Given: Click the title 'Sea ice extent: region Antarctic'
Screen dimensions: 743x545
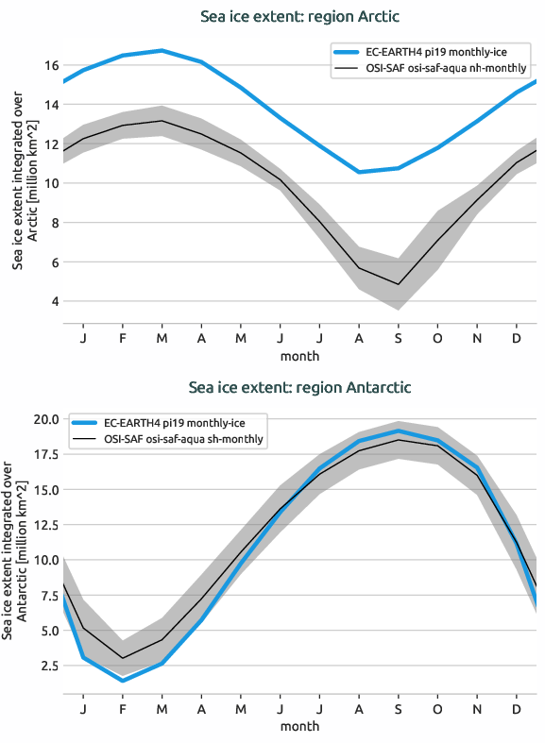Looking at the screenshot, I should click(299, 387).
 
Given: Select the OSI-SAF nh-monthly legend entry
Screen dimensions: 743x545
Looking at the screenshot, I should click(434, 69).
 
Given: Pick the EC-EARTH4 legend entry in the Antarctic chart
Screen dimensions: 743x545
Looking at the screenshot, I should click(171, 424).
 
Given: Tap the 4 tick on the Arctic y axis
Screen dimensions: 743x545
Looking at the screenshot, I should click(54, 302).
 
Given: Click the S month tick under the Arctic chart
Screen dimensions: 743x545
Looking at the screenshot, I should click(399, 337).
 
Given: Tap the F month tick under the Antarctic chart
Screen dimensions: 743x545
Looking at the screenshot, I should click(123, 708).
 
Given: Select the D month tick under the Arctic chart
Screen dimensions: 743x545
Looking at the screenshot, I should click(517, 337).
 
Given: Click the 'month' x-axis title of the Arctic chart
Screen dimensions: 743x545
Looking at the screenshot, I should click(299, 356).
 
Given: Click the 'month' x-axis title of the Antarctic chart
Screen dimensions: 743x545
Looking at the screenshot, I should click(299, 726).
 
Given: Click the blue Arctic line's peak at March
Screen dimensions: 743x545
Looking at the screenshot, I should click(162, 50).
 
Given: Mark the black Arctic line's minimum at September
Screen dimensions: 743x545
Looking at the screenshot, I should click(399, 284).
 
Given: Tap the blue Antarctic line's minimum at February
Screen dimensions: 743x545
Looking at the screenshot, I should click(123, 681).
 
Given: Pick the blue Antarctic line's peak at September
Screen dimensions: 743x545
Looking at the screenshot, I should click(399, 431).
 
